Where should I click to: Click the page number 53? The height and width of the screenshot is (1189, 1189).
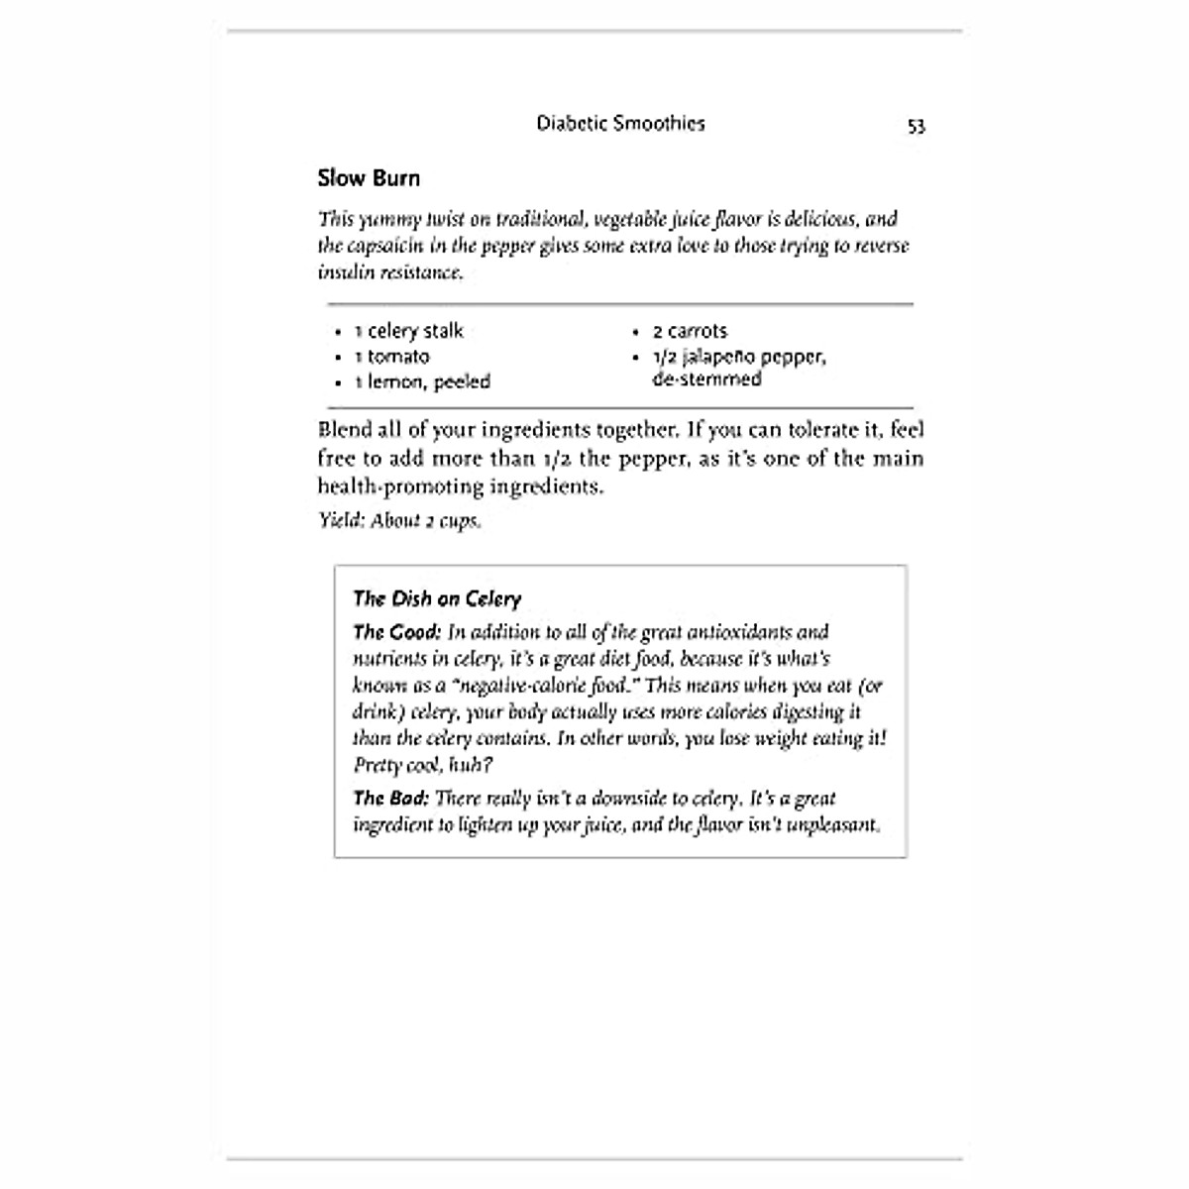(916, 126)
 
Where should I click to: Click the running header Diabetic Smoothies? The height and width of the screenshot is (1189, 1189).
(620, 124)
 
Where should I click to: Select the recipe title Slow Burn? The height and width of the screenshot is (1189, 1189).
(369, 178)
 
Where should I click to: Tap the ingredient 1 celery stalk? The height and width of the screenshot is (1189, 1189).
(408, 331)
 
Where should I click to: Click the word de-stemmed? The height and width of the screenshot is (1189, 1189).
(706, 379)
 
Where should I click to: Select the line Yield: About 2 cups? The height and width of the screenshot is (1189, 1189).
(399, 520)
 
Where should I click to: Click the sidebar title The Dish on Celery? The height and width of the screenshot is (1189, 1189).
(437, 598)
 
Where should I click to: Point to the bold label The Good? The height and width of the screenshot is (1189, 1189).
(397, 632)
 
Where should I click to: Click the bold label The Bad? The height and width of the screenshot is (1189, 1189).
(390, 798)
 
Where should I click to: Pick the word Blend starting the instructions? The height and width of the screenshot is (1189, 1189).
(344, 430)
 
